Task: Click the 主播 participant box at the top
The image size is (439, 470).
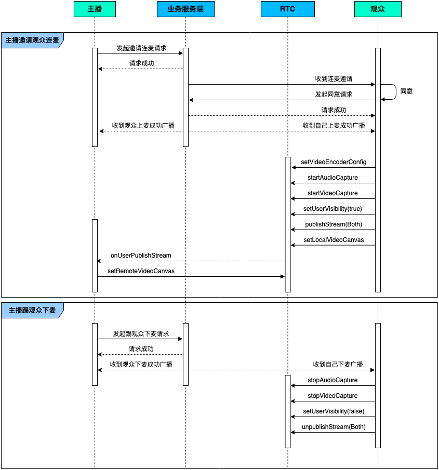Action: [x=95, y=9]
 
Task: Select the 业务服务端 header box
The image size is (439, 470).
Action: [x=185, y=9]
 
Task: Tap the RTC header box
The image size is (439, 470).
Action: [x=288, y=9]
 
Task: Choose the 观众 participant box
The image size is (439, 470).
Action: [x=378, y=9]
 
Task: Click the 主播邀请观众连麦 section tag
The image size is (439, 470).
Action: [x=32, y=40]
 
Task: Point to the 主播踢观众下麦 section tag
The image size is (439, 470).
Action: [x=32, y=310]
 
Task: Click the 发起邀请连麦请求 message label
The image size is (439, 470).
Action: [x=141, y=48]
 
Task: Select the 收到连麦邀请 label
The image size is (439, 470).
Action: [x=334, y=79]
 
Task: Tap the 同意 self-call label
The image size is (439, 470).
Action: [x=407, y=91]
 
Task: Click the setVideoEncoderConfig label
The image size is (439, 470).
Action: [x=334, y=162]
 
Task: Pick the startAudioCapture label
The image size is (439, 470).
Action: [x=333, y=178]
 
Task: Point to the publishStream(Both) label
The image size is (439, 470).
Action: [x=334, y=224]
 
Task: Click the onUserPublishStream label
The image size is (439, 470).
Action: [x=141, y=256]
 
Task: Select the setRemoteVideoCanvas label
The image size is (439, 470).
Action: [x=141, y=271]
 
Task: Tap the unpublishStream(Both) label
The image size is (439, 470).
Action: [x=334, y=427]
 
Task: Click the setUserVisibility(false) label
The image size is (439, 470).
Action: [x=334, y=411]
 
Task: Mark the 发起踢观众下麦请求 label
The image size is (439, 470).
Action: [x=141, y=333]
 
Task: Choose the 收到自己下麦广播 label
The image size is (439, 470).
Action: [x=338, y=365]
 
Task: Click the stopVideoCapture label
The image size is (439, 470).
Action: [x=333, y=396]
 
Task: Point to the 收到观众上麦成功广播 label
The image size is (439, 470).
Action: [x=143, y=126]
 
